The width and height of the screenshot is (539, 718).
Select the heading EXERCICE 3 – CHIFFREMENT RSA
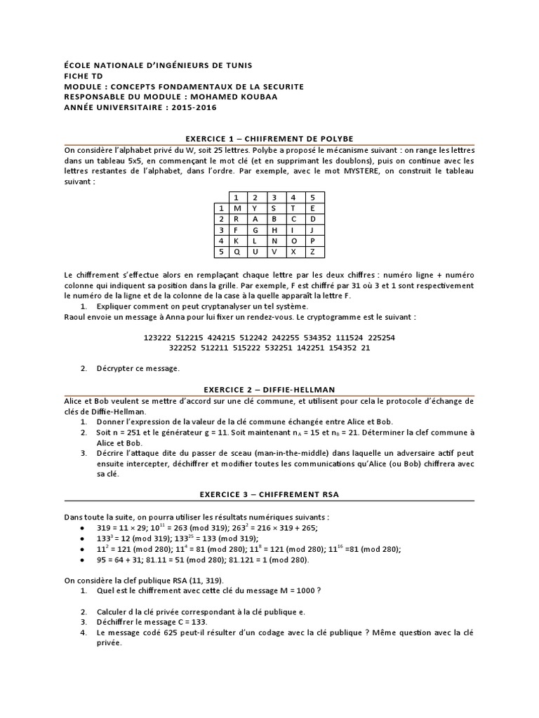point(269,494)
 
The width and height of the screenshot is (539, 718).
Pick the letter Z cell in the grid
point(314,250)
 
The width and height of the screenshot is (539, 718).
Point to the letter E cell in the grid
point(314,208)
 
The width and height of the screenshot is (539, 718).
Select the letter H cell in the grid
point(275,229)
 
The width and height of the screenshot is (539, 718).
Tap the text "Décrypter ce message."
point(138,368)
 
